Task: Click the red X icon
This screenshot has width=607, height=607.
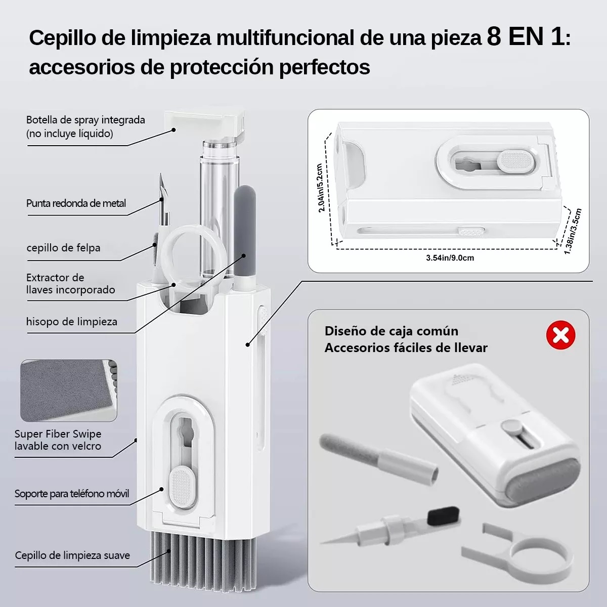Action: (x=560, y=335)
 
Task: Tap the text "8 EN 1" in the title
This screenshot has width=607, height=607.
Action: (x=526, y=37)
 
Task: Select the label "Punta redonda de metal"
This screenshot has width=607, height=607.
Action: (x=76, y=203)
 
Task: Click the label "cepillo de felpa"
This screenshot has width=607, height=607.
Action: (x=63, y=248)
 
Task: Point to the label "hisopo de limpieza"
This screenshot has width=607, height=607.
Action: (x=71, y=322)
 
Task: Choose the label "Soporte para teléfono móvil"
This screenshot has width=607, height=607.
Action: (x=72, y=494)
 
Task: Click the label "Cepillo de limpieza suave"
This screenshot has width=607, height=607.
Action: (x=72, y=555)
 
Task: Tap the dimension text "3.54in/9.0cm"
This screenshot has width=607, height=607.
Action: (x=450, y=258)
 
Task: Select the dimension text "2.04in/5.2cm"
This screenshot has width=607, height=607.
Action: (x=320, y=188)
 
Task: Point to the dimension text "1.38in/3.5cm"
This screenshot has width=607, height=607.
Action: (x=573, y=231)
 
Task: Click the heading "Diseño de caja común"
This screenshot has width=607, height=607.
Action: (x=391, y=331)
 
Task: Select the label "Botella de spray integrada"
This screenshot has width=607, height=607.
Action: (x=85, y=120)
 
